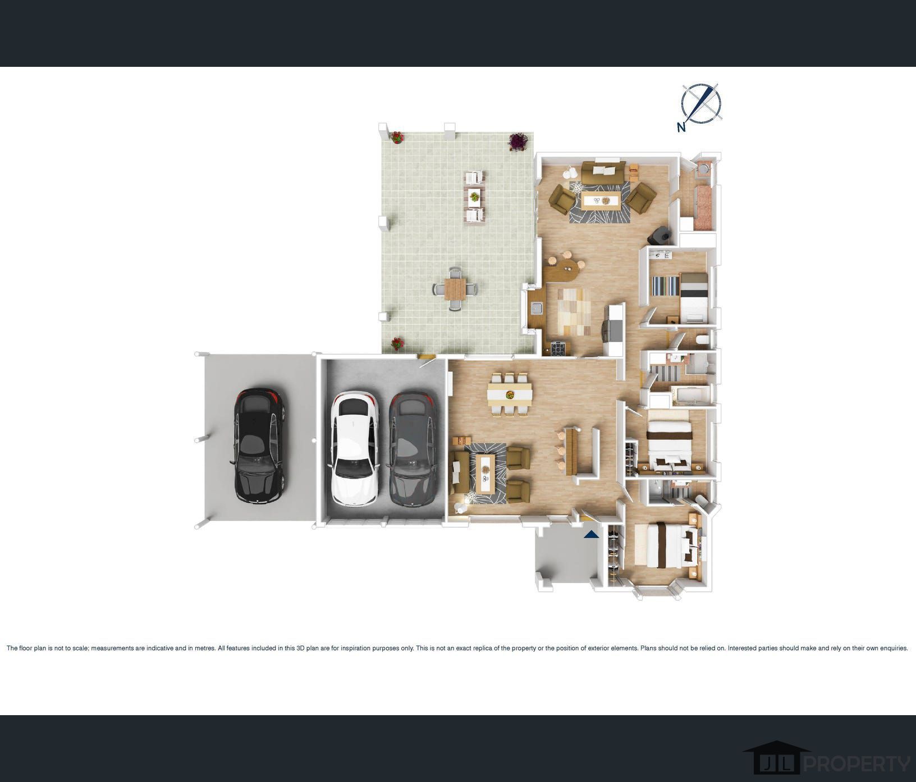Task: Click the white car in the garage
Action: (354, 448)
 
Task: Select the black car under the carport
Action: (258, 445)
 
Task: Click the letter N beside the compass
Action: (681, 127)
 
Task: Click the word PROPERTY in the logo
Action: (858, 764)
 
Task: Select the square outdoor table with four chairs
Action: (455, 289)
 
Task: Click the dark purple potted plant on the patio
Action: (517, 141)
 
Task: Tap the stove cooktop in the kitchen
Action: (558, 348)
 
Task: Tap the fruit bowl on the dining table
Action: (510, 394)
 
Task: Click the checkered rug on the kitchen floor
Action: (574, 311)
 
